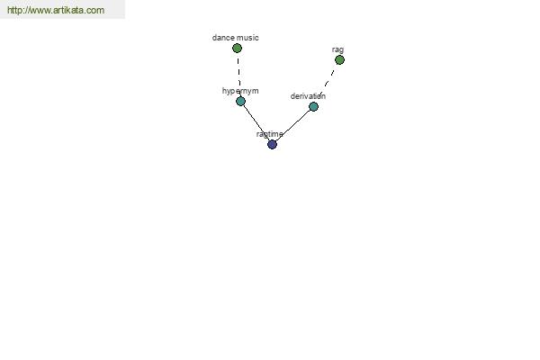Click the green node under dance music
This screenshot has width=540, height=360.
(x=237, y=49)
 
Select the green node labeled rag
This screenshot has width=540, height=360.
(x=339, y=60)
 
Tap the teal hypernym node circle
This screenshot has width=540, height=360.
(x=240, y=101)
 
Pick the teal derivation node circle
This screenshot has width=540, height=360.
(x=313, y=106)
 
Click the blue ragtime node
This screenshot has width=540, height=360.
(x=272, y=144)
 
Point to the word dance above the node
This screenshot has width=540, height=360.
(x=223, y=38)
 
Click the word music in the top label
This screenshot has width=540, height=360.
(x=247, y=38)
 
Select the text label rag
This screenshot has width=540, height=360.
(x=337, y=50)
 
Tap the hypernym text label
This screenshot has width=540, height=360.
(x=240, y=91)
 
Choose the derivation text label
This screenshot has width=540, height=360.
(x=308, y=96)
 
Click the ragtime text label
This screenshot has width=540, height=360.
(x=270, y=134)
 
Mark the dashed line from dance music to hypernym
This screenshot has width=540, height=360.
(x=239, y=72)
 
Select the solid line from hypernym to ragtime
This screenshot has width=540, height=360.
(x=256, y=122)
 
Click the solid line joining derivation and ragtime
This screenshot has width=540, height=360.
(x=293, y=125)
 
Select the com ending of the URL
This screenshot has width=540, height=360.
(x=96, y=11)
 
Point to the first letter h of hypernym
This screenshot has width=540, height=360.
(x=224, y=91)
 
